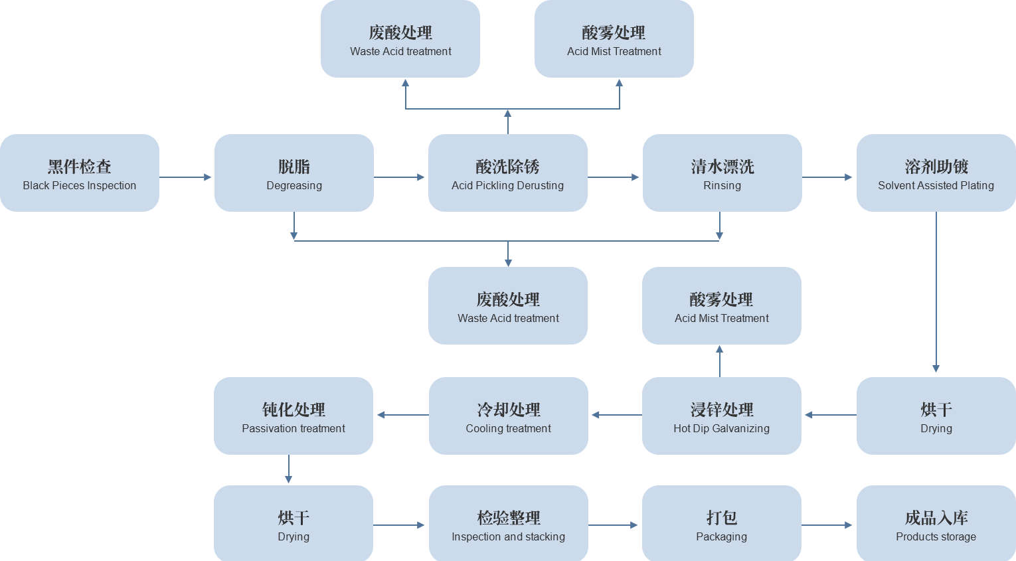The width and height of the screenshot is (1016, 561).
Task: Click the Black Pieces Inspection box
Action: pos(80,173)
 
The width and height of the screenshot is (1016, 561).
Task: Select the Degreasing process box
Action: pos(294,173)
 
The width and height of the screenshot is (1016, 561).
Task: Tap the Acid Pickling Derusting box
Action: pos(508,173)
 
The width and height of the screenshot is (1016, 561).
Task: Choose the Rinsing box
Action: pos(722,173)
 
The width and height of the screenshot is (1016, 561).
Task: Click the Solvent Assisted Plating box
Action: pos(936,173)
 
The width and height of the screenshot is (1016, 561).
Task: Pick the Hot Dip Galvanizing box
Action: pos(722,416)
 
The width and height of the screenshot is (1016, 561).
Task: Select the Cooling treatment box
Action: pos(509,416)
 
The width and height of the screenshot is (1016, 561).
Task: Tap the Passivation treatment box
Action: pos(294,416)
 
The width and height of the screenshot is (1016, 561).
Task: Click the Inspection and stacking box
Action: pos(509,524)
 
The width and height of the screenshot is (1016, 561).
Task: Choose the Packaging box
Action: pos(722,524)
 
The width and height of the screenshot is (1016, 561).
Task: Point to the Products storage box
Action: pos(936,524)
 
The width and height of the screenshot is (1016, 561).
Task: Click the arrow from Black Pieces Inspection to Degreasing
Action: pos(185,177)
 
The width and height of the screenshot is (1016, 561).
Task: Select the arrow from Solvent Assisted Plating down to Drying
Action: pos(936,292)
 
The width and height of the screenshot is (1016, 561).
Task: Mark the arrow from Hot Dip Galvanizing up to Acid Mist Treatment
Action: pos(720,361)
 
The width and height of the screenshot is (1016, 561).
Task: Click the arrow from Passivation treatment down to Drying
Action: pos(288,469)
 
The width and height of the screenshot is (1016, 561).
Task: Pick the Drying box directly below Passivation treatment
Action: pos(294,524)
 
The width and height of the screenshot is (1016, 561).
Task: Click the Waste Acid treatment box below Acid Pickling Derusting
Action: pos(508,306)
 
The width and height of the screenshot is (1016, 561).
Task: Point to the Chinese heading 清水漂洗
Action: pos(722,167)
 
